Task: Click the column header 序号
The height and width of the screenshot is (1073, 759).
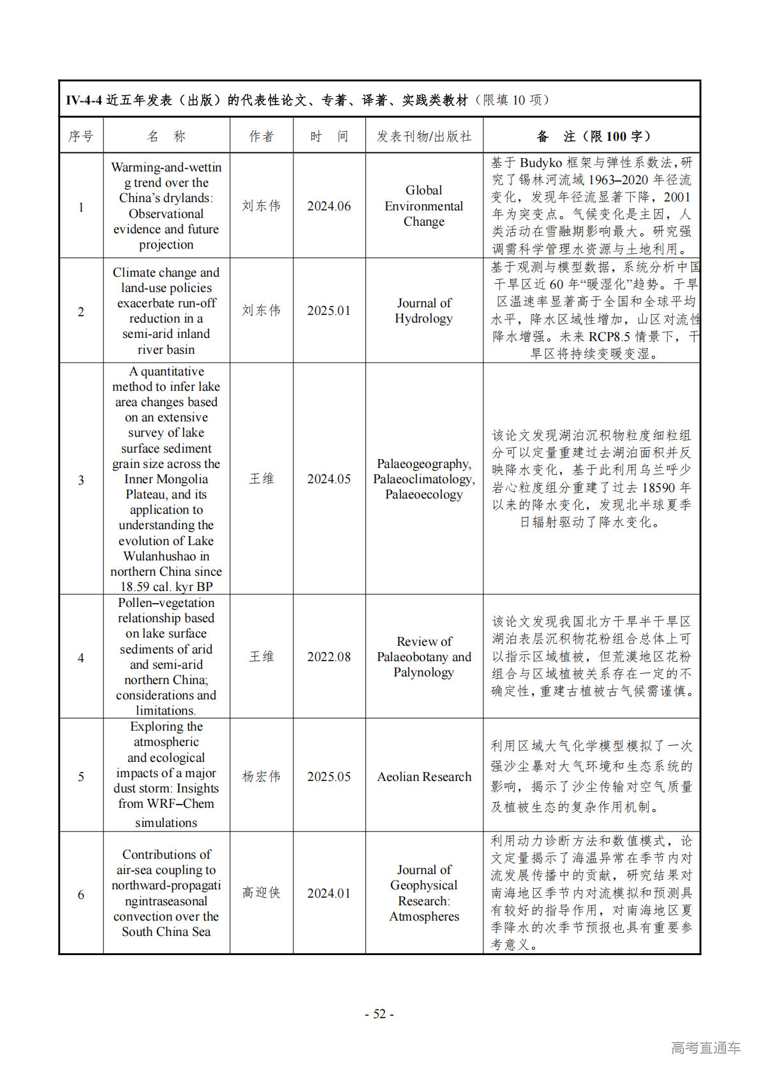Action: [81, 136]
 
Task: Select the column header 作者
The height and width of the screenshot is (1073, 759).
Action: [262, 136]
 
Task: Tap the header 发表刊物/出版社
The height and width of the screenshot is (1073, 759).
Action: [424, 136]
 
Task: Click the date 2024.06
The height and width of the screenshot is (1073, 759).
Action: [328, 206]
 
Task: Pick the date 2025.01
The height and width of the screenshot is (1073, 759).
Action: [328, 310]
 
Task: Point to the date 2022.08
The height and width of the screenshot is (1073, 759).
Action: [328, 657]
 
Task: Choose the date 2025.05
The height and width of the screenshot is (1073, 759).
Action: [328, 777]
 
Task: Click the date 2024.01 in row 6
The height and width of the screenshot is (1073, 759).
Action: [328, 893]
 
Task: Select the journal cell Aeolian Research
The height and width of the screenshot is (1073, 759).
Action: [424, 777]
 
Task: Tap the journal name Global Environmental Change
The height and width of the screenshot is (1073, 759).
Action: [424, 206]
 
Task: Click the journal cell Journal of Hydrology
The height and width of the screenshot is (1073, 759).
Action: [424, 310]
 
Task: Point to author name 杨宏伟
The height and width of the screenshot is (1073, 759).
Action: [262, 777]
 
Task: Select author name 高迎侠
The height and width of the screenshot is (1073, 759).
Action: [262, 893]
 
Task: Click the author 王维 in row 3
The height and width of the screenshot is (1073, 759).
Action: [262, 479]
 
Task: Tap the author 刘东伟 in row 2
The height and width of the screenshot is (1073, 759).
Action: [262, 310]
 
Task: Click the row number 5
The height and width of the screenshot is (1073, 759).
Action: [81, 777]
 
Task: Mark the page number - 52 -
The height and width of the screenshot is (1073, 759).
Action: [379, 1014]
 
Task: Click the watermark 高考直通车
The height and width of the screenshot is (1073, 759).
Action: [705, 1047]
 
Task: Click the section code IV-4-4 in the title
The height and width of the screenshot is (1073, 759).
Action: [84, 100]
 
